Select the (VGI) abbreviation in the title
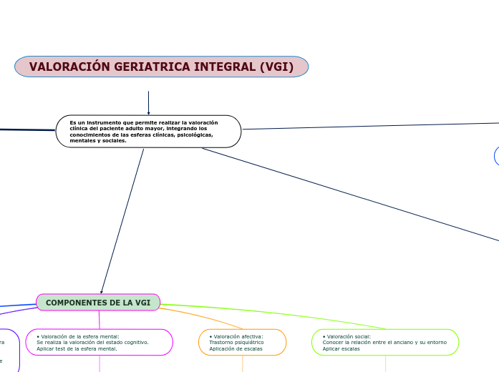pyautogui.click(x=276, y=67)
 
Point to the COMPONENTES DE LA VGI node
pyautogui.click(x=98, y=303)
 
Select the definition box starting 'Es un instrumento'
pyautogui.click(x=148, y=132)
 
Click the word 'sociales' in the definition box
pyautogui.click(x=114, y=141)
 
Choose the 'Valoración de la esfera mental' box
pyautogui.click(x=100, y=342)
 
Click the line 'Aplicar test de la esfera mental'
pyautogui.click(x=77, y=348)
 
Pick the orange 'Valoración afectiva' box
pyautogui.click(x=242, y=342)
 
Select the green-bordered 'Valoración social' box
pyautogui.click(x=385, y=342)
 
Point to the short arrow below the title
pyautogui.click(x=148, y=102)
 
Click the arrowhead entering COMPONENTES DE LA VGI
pyautogui.click(x=102, y=291)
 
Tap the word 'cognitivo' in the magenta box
pyautogui.click(x=134, y=343)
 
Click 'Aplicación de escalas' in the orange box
pyautogui.click(x=236, y=348)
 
